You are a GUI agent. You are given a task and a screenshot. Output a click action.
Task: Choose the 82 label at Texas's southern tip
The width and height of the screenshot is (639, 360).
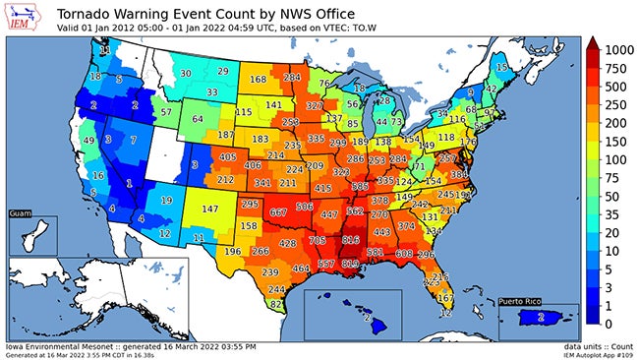click(x=277, y=305)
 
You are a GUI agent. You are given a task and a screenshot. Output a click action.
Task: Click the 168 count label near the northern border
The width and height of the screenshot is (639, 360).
click(x=258, y=80)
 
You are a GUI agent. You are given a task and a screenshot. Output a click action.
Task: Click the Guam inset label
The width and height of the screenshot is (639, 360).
click(x=20, y=212)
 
